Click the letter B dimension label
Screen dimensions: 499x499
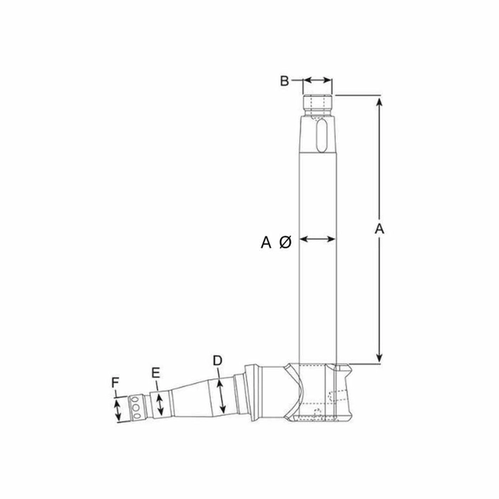[284, 81]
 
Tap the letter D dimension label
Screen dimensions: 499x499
[217, 361]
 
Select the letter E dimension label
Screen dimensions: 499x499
[155, 373]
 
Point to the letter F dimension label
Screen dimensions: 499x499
[115, 382]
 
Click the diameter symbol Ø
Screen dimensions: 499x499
[285, 242]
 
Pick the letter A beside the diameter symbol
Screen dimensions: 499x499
[266, 242]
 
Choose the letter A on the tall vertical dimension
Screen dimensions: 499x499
[379, 229]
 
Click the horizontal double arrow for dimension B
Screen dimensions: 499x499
[318, 80]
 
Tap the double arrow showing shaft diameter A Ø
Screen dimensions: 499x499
[318, 239]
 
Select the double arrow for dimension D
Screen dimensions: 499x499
[221, 396]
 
